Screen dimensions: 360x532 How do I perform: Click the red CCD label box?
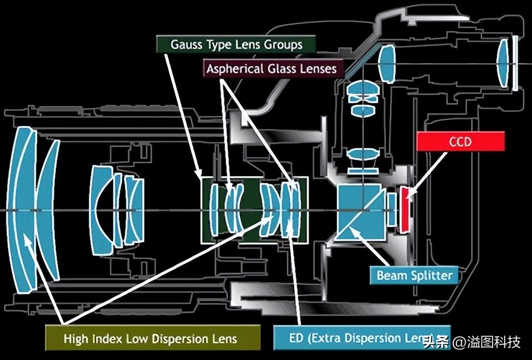point(461,142)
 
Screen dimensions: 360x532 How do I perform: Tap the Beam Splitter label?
point(415,275)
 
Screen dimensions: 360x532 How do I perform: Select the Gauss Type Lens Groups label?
point(236,44)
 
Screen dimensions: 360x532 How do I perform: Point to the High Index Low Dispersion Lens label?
point(150,338)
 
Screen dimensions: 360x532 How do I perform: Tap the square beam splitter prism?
point(361,212)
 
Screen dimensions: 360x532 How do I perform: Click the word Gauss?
point(187,44)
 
